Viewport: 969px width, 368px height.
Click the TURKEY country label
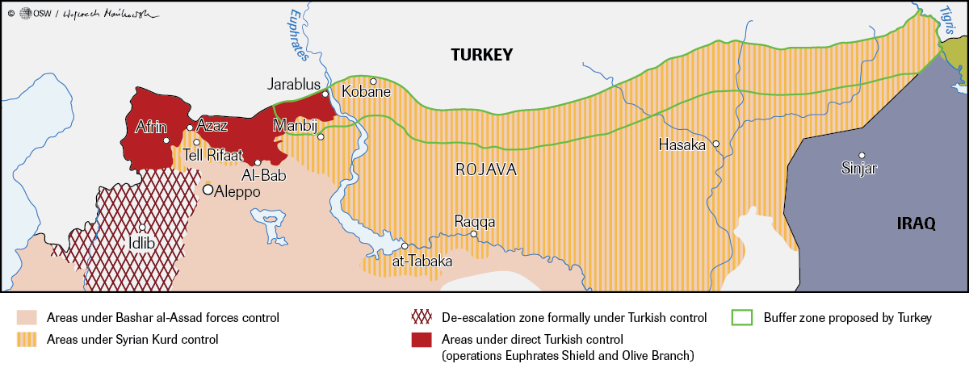pos(482,55)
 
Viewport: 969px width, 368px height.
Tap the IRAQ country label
pos(916,224)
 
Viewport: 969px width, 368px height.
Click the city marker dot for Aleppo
pos(208,190)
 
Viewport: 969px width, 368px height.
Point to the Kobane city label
pos(366,92)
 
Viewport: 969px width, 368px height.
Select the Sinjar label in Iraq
pos(858,168)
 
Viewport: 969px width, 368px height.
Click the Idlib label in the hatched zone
pos(141,242)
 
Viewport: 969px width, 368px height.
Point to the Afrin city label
pos(151,126)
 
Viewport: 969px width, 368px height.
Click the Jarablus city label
pos(295,84)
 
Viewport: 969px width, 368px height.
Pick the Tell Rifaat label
pos(207,155)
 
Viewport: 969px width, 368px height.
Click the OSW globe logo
pos(25,13)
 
